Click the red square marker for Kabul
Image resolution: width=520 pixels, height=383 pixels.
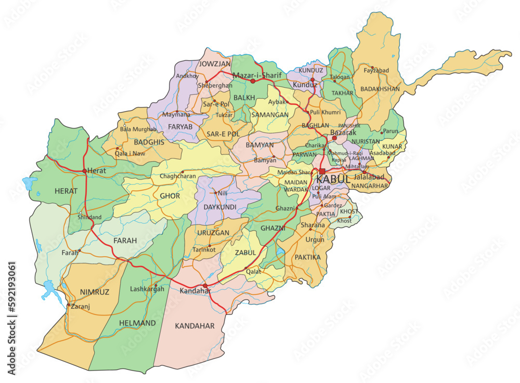(x=322, y=171)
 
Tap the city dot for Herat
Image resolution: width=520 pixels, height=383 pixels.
(x=84, y=170)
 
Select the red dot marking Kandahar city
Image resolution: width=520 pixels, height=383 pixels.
(x=205, y=286)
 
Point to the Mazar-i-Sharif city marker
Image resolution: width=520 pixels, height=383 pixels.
(x=253, y=81)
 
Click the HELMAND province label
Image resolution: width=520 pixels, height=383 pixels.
(x=137, y=323)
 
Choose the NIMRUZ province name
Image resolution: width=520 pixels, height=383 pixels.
(x=95, y=292)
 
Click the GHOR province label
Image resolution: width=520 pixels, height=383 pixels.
(x=170, y=196)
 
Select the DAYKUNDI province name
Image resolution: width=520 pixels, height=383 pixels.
(x=219, y=207)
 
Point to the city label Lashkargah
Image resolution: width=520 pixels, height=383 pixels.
(x=147, y=289)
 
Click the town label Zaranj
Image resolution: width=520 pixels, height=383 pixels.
(x=80, y=307)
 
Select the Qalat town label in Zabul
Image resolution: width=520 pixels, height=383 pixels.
(x=253, y=271)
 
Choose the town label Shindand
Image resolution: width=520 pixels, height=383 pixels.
(x=89, y=217)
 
